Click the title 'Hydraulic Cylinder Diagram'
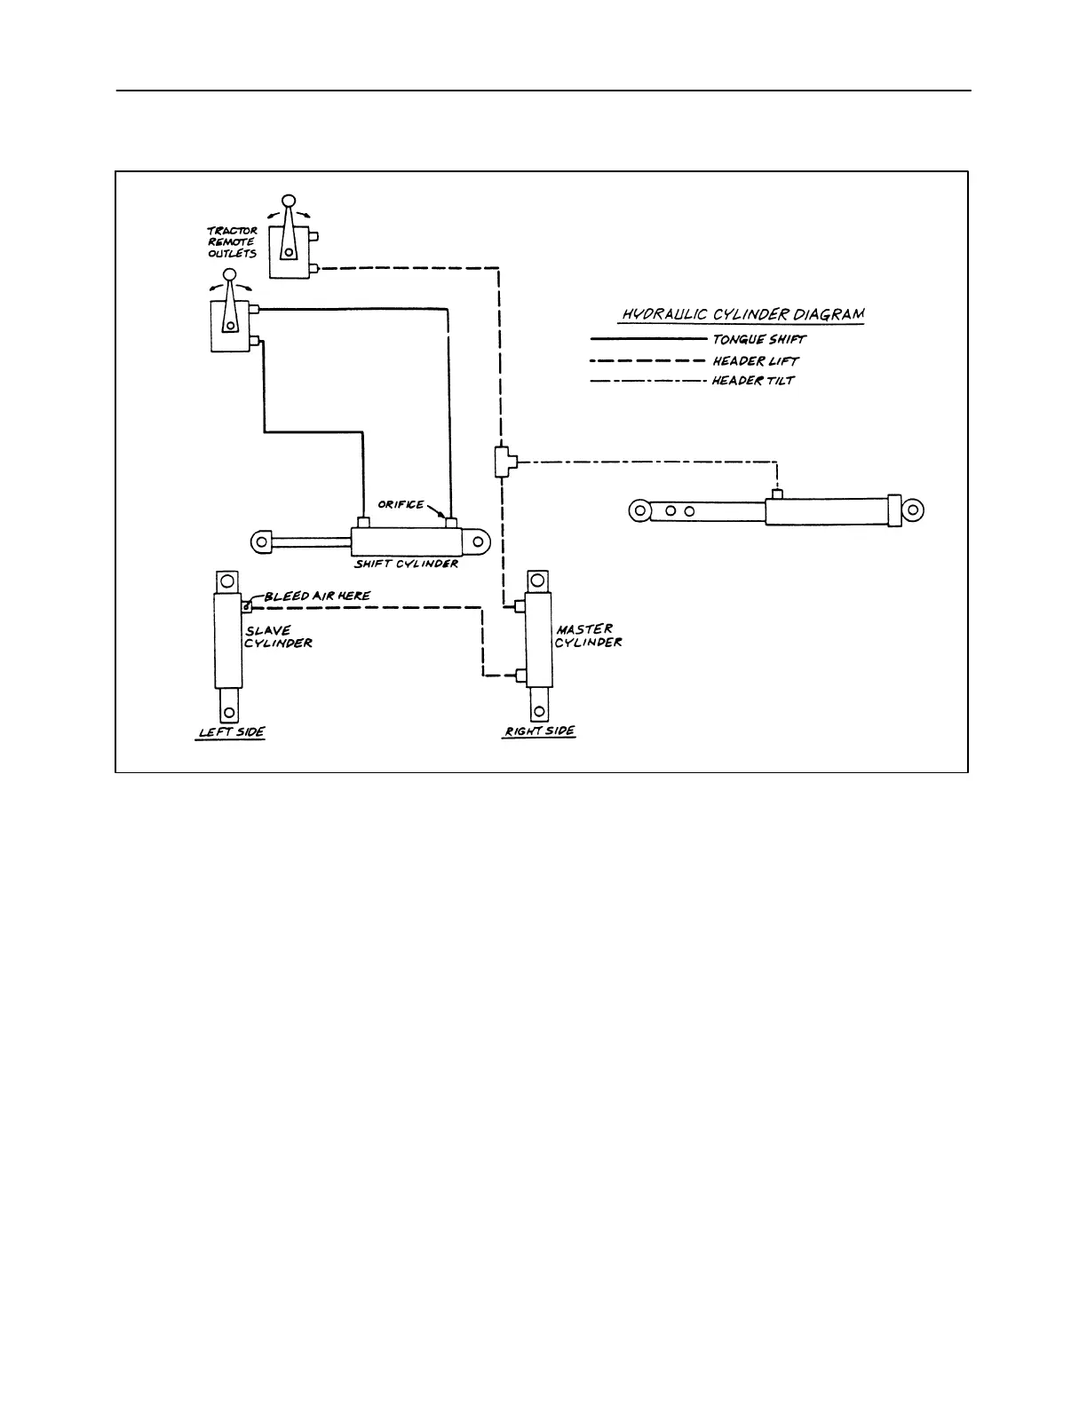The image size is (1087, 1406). click(x=742, y=314)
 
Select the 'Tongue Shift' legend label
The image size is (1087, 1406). click(x=758, y=339)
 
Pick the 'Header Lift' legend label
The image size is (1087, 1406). click(x=755, y=360)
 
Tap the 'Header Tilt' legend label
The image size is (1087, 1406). click(x=753, y=381)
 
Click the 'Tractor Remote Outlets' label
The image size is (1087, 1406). click(x=232, y=242)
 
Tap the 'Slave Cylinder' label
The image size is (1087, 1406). click(x=278, y=636)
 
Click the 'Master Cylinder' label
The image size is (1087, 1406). click(x=589, y=636)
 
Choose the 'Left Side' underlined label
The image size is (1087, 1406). click(x=230, y=732)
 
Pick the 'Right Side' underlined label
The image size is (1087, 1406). click(x=539, y=731)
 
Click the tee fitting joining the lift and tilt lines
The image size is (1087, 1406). click(x=502, y=462)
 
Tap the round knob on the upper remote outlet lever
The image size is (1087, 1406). click(x=288, y=201)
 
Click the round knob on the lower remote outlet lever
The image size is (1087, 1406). click(x=230, y=276)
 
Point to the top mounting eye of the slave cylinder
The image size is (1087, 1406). click(x=227, y=581)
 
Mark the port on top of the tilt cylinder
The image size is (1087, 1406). click(x=778, y=494)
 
